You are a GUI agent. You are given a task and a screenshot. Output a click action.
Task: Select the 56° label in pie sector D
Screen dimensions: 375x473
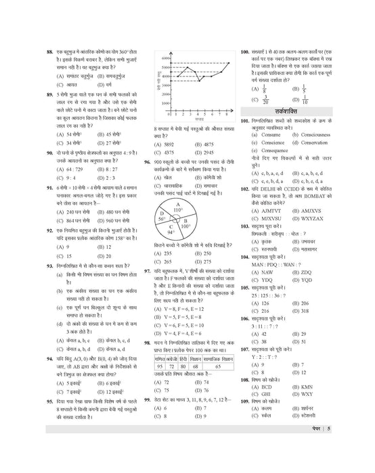pos(162,200)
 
